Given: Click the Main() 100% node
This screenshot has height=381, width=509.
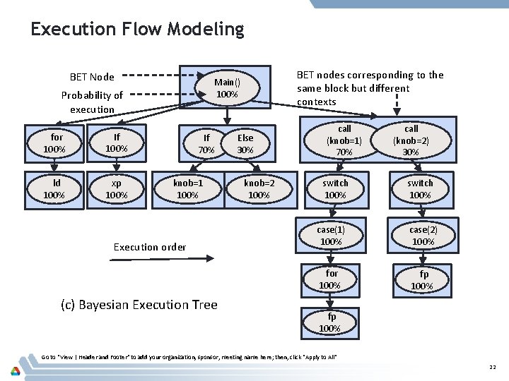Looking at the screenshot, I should point(226,87).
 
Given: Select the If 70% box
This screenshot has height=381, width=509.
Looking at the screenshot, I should point(205,144).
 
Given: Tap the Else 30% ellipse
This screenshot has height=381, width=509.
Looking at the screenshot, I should point(245,144).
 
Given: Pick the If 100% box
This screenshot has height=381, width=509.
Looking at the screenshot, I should point(116,143).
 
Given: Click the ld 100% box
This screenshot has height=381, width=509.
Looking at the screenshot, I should point(54,189).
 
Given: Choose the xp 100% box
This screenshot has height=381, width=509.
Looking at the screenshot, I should point(116,189).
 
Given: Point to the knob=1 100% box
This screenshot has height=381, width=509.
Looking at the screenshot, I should point(187,189).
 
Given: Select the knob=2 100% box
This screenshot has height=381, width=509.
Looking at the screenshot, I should point(259,189).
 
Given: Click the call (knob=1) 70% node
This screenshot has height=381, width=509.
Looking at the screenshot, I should point(344,140).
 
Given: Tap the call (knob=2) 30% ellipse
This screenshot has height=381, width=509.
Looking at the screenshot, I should point(411,140).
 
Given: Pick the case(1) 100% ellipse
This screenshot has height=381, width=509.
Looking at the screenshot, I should point(331,236).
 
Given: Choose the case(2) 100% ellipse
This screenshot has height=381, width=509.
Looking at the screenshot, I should point(423,236).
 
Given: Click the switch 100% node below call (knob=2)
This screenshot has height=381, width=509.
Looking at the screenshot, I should point(420,189).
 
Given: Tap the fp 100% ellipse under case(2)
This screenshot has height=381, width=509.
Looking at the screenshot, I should point(423,279).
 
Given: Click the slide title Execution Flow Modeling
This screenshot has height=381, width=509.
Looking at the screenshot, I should point(137,30).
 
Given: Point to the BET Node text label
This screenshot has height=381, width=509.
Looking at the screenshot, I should point(92,77).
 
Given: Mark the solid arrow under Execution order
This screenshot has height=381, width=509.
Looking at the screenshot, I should point(149,261).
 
